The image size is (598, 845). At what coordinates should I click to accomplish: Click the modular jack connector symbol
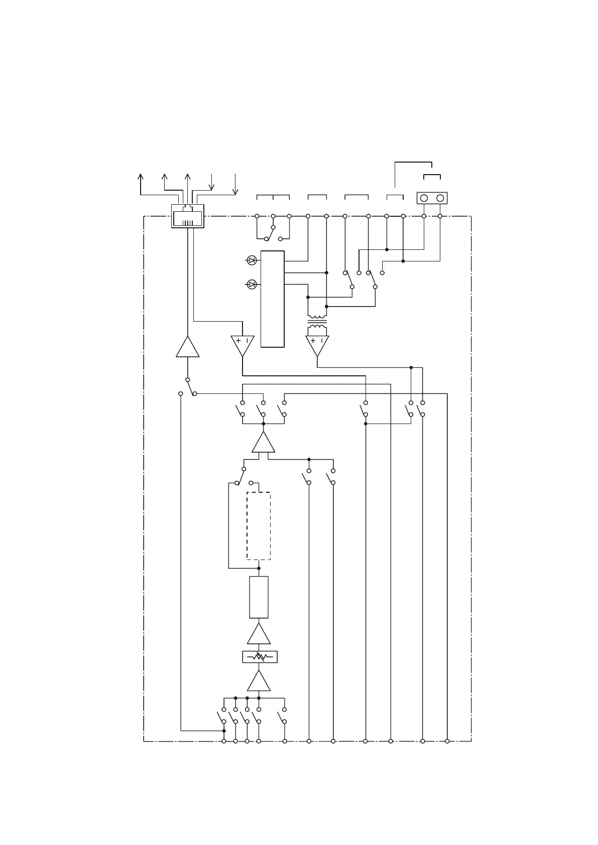[187, 216]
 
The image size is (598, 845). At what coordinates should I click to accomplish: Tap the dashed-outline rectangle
[259, 525]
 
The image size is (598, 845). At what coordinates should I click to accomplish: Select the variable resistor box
[260, 656]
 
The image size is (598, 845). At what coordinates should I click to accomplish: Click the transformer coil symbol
[317, 324]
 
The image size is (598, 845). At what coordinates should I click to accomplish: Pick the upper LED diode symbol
[252, 260]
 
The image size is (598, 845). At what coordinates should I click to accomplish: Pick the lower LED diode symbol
[252, 285]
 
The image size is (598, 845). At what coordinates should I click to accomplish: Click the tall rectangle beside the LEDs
[273, 299]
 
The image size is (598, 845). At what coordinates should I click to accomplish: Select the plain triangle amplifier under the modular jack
[188, 347]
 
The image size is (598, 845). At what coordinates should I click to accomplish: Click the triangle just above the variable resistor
[259, 635]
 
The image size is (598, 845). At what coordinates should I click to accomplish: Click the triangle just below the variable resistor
[259, 682]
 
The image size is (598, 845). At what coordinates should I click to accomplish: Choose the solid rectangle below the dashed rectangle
[259, 597]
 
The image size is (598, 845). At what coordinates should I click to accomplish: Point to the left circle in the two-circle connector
[424, 198]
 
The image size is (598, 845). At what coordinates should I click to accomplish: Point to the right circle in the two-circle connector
[440, 198]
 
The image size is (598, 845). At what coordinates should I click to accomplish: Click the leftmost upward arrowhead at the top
[141, 177]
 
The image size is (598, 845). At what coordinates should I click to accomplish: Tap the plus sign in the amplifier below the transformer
[313, 341]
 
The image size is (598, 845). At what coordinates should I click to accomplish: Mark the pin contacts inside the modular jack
[187, 222]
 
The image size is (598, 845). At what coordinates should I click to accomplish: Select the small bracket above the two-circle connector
[432, 176]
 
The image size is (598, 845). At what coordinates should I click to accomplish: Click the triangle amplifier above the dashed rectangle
[264, 444]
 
